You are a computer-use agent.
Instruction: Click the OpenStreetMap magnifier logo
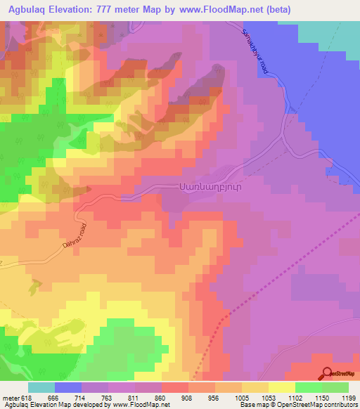click(327, 374)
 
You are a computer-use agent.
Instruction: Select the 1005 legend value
click(242, 397)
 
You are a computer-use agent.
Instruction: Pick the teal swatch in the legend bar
click(41, 387)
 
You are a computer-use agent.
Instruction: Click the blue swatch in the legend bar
click(68, 387)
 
